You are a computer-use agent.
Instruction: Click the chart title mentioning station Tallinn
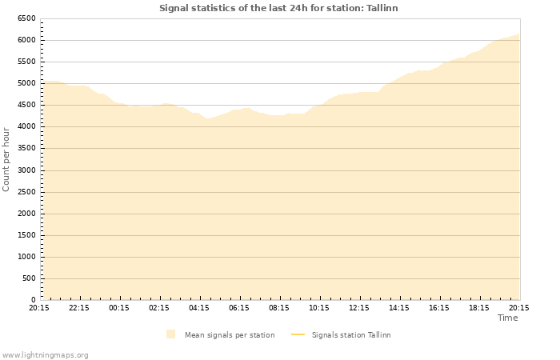278,8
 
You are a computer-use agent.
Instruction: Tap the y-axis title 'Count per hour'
6,158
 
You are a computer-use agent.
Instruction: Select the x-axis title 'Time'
508,318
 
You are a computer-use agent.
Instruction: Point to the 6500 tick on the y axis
26,18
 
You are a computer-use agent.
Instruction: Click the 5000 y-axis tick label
26,83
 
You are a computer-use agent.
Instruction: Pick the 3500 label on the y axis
26,148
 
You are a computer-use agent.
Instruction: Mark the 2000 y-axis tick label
26,214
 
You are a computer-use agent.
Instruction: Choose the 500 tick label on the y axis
28,278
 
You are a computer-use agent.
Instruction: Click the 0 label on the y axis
33,300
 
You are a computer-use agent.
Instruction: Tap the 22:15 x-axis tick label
79,307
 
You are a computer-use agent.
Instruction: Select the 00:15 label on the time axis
119,307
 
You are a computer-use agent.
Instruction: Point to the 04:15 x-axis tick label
199,307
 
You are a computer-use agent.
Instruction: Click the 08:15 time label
279,307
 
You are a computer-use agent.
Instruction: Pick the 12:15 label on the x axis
359,307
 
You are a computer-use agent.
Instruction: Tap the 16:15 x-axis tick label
439,307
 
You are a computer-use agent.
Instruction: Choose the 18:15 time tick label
479,307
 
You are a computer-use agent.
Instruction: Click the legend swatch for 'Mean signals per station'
171,334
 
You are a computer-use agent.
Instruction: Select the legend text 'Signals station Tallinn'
351,335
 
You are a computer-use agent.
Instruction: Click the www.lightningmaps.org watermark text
46,354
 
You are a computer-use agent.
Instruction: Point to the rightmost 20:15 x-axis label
518,307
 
